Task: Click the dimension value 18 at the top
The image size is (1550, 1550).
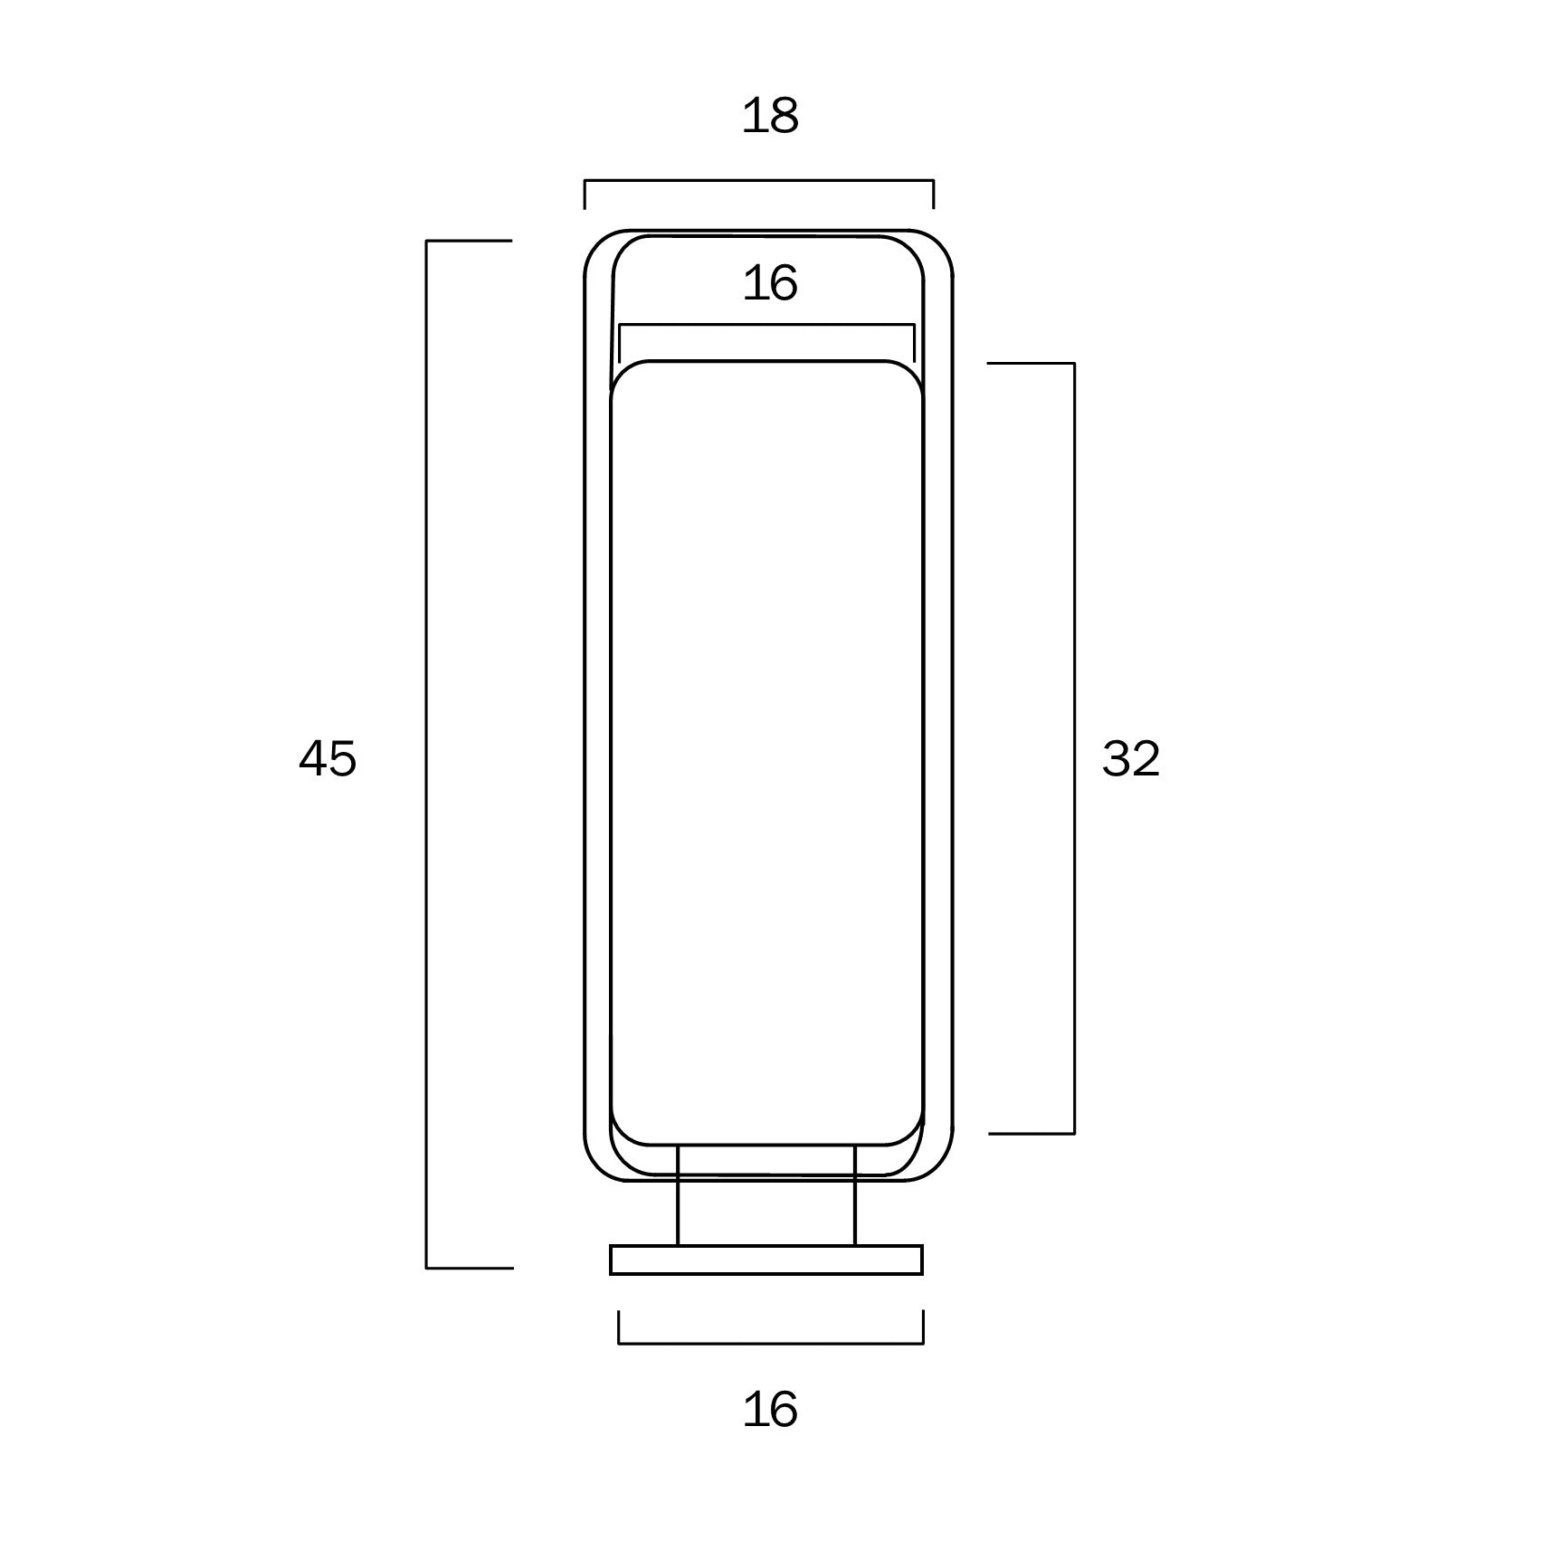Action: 770,117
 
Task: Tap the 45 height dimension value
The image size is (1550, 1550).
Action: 328,758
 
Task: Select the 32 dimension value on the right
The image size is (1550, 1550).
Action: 1131,758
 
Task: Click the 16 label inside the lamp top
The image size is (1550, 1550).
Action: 770,284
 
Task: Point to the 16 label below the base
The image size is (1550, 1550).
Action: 770,1410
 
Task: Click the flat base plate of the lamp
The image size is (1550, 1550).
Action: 766,1260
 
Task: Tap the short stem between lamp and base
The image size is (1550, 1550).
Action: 766,1195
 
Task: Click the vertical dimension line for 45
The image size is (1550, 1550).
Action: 427,755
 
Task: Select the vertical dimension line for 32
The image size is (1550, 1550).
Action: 1074,748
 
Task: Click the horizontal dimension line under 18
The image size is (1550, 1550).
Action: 759,181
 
